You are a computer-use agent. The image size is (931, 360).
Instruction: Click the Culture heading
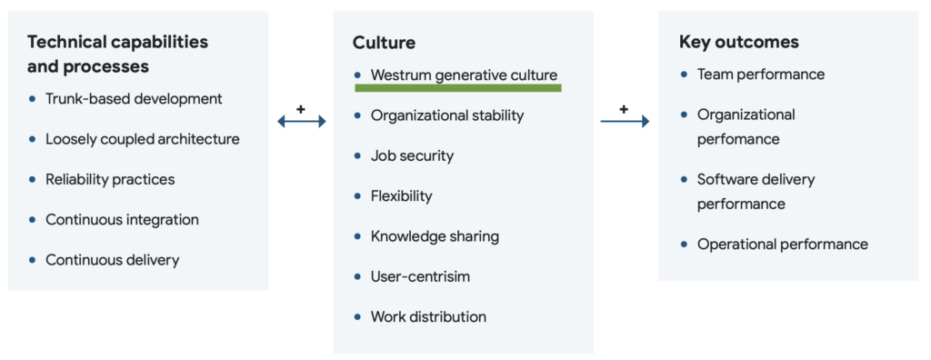pos(384,42)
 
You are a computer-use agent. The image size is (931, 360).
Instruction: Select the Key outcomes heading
pos(739,42)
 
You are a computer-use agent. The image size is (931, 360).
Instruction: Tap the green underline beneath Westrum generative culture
pos(458,88)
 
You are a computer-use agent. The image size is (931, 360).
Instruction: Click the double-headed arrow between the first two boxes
pos(301,121)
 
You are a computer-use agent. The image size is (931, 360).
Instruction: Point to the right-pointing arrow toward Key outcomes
pos(625,121)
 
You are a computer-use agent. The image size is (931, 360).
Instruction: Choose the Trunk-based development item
pos(134,98)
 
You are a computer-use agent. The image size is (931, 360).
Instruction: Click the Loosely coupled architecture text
pos(143,139)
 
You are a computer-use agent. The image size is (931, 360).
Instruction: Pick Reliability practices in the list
pos(110,179)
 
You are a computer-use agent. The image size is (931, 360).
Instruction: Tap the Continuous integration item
pos(122,219)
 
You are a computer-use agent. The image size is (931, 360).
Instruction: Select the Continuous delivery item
pos(113,260)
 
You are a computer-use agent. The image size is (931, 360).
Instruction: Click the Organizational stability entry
pos(447,115)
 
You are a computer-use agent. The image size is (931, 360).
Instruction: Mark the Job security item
pos(412,155)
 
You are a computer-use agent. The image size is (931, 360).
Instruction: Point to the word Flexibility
pos(401,195)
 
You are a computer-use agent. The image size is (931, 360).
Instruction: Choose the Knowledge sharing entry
pos(435,236)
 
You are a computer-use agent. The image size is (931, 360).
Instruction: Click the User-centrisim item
pos(420,276)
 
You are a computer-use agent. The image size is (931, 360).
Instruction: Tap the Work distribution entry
pos(428,316)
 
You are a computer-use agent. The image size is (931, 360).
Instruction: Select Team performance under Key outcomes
pos(761,75)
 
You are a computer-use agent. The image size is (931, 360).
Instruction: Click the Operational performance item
pos(783,244)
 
